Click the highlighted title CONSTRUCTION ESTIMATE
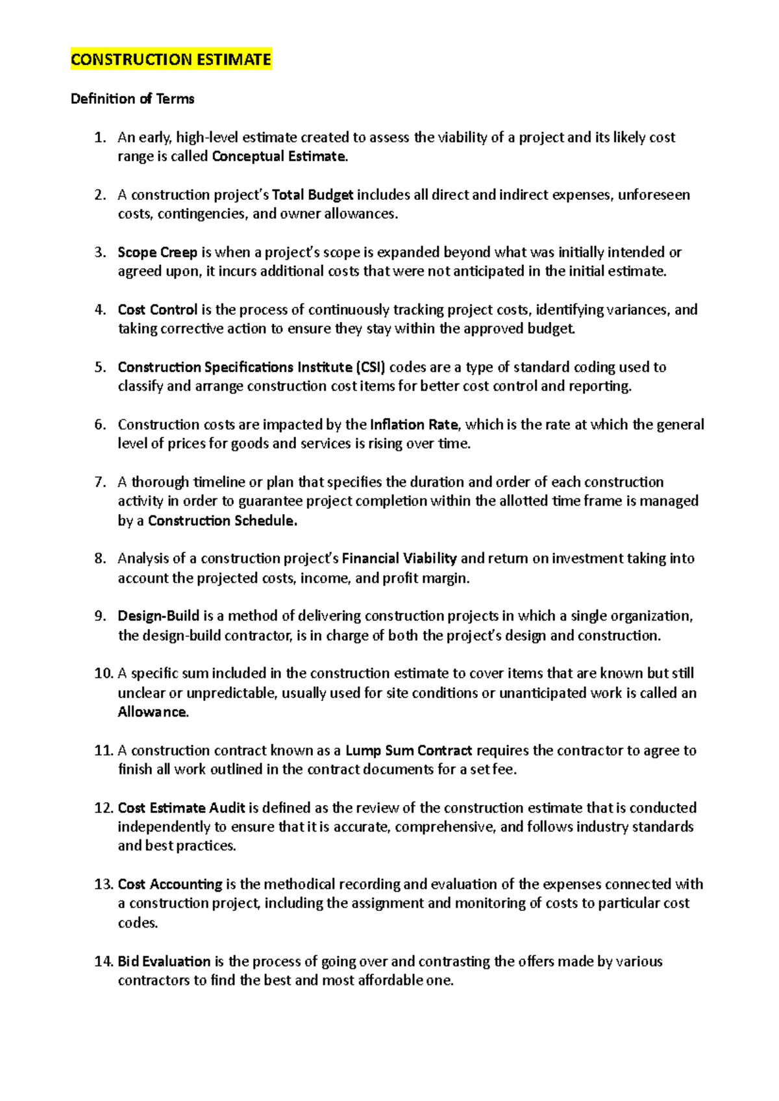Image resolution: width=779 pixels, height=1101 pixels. pyautogui.click(x=171, y=60)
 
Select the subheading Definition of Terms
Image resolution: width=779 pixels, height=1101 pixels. pyautogui.click(x=132, y=99)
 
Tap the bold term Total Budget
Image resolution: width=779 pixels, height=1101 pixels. pyautogui.click(x=313, y=195)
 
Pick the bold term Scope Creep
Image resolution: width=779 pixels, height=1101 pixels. pyautogui.click(x=157, y=252)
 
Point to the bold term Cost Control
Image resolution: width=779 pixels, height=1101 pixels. pyautogui.click(x=158, y=310)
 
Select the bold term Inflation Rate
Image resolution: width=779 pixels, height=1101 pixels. pyautogui.click(x=414, y=425)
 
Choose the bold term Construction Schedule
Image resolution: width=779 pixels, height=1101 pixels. pyautogui.click(x=222, y=521)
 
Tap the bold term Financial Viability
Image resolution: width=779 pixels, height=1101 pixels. pyautogui.click(x=399, y=558)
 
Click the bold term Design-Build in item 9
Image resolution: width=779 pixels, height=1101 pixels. pyautogui.click(x=158, y=616)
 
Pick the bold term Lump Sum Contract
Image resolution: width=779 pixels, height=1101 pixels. pyautogui.click(x=408, y=750)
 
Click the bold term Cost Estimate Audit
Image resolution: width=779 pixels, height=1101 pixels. pyautogui.click(x=181, y=808)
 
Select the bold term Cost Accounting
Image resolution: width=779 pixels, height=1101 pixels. pyautogui.click(x=170, y=884)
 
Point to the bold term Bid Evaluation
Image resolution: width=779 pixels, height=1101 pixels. pyautogui.click(x=164, y=961)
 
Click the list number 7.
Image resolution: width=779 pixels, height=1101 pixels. pyautogui.click(x=100, y=482)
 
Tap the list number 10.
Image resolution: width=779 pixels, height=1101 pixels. pyautogui.click(x=103, y=673)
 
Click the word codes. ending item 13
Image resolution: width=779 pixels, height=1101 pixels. pyautogui.click(x=138, y=923)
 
